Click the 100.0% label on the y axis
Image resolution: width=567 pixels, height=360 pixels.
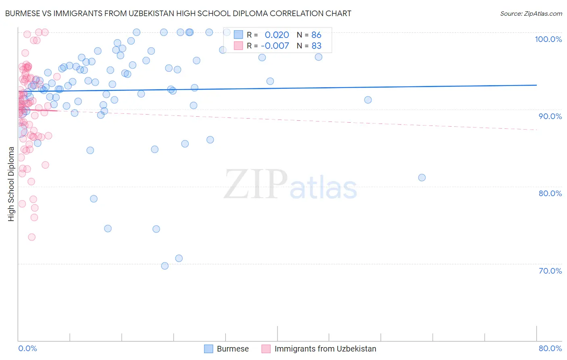click(x=548, y=39)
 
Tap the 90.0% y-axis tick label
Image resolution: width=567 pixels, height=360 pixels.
click(x=550, y=116)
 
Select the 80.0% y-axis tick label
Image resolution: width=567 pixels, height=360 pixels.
click(x=550, y=193)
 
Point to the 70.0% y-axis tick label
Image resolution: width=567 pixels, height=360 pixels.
click(x=550, y=271)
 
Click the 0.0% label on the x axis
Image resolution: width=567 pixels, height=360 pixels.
click(x=27, y=348)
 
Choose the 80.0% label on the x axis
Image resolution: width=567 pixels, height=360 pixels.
click(x=550, y=348)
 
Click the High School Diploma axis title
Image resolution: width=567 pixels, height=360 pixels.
click(x=11, y=184)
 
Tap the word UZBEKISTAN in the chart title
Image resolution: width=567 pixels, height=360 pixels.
click(x=149, y=13)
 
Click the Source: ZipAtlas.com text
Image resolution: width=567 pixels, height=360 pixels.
click(x=531, y=13)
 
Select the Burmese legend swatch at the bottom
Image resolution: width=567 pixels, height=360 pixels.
click(x=208, y=349)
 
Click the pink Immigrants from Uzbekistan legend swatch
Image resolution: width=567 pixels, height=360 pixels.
click(x=266, y=349)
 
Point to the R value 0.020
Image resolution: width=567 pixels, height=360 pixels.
click(x=277, y=35)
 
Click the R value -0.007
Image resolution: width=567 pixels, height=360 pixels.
click(x=275, y=46)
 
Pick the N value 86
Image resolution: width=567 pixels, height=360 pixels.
click(x=316, y=35)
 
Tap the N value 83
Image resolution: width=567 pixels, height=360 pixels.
click(x=316, y=46)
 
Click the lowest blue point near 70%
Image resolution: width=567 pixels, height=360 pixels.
click(x=165, y=266)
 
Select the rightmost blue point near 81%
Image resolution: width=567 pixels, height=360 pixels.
click(x=422, y=178)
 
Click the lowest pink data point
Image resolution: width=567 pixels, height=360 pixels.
click(x=31, y=237)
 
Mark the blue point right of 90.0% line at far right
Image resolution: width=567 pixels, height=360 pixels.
click(x=368, y=100)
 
